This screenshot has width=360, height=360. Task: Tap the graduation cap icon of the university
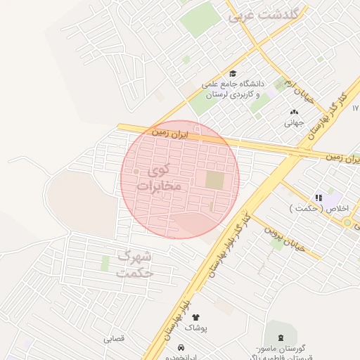(x=232, y=73)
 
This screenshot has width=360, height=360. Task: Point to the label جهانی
(x=293, y=122)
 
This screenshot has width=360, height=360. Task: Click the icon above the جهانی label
(x=294, y=111)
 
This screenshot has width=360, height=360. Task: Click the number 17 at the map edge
(x=355, y=108)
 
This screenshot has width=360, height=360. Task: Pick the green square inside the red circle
(x=214, y=180)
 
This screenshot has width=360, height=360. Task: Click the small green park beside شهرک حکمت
(x=105, y=264)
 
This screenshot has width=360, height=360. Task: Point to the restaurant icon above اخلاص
(x=319, y=198)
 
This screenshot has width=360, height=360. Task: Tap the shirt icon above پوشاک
(x=195, y=317)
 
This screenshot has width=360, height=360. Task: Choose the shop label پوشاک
(x=195, y=328)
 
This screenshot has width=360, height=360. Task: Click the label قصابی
(x=113, y=338)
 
